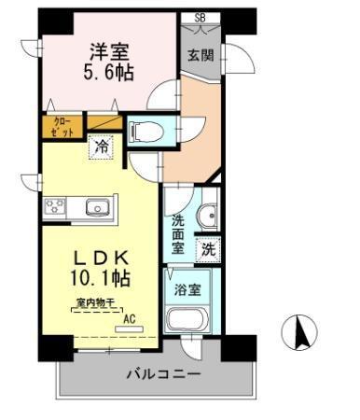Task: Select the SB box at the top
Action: (200, 18)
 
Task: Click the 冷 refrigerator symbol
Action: (100, 146)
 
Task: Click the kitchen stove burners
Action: (52, 206)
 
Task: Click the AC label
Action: (130, 316)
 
